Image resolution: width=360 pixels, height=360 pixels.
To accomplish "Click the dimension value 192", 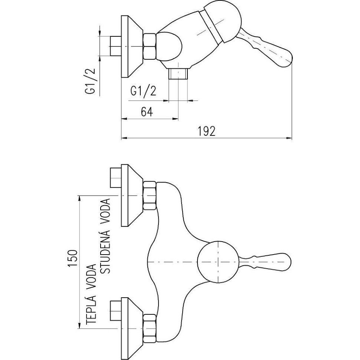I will tap(207, 131).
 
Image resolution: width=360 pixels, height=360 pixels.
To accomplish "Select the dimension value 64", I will tap(147, 112).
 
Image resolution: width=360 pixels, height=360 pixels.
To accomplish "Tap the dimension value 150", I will tap(72, 258).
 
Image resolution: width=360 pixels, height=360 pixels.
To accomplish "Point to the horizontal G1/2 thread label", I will tap(143, 91).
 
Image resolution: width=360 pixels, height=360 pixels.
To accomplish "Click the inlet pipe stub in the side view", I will tap(116, 46).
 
